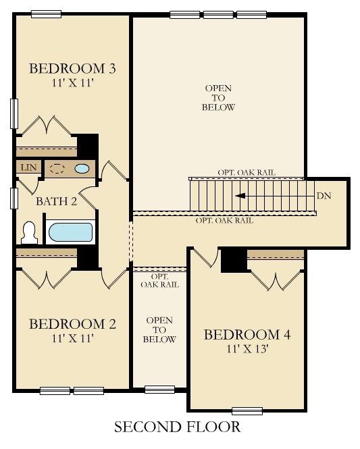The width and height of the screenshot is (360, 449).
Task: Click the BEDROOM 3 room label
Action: coord(72,68)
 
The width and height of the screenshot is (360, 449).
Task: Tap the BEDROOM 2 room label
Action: coord(72,324)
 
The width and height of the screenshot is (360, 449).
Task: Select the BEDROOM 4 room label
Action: coord(247,335)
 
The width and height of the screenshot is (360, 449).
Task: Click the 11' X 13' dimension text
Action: coord(247,349)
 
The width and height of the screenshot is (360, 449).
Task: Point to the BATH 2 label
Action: coord(57,201)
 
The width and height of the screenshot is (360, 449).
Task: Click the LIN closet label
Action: coord(28,167)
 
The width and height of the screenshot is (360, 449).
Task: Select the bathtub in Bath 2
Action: coord(70,232)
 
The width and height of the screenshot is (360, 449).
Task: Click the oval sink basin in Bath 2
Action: coord(82,169)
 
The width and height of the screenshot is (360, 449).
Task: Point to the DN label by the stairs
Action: coord(324,196)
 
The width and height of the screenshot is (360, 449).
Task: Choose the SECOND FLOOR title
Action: coord(177,427)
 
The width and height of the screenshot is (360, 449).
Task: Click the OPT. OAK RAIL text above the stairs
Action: coord(247,173)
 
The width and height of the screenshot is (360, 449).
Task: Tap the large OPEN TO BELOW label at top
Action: coord(218,98)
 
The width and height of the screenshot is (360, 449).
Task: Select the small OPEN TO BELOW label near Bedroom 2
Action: coord(159,329)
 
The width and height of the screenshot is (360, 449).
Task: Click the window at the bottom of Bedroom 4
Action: coord(247,410)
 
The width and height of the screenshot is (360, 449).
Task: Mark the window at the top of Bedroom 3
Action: coord(46,14)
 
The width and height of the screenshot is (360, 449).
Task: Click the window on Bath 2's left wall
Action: coord(14,199)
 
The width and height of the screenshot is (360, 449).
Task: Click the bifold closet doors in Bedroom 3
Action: coord(46,125)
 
